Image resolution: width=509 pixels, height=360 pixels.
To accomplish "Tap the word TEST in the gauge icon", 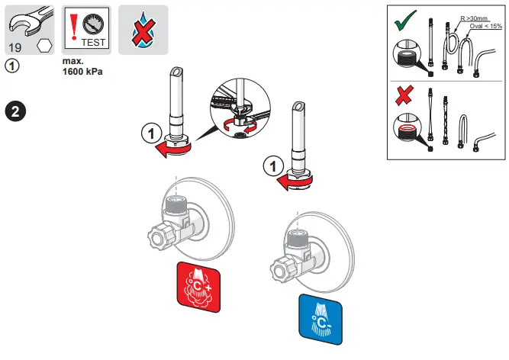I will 92,43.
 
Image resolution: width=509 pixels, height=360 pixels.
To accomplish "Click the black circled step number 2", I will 16,110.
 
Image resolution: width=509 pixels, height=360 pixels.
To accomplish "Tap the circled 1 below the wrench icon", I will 12,66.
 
